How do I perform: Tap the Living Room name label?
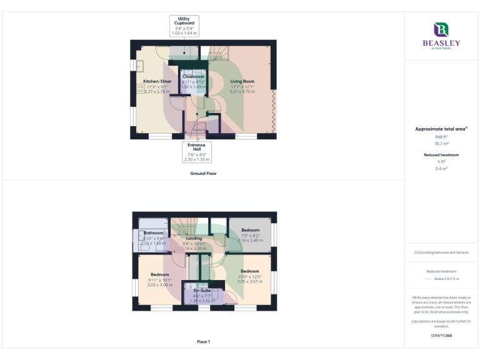click(242, 81)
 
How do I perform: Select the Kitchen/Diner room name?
click(157, 81)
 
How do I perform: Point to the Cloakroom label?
click(193, 77)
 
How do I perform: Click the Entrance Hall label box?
click(197, 152)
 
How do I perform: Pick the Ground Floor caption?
click(203, 173)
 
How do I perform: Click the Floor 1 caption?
click(203, 342)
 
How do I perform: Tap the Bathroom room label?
click(153, 232)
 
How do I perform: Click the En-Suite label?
click(201, 291)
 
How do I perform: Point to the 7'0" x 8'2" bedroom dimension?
click(250, 235)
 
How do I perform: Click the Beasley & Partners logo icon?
click(441, 29)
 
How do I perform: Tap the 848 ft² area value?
click(441, 136)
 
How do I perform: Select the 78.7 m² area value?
click(441, 144)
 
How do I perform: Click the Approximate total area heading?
click(441, 129)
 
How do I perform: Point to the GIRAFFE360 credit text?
click(441, 336)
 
